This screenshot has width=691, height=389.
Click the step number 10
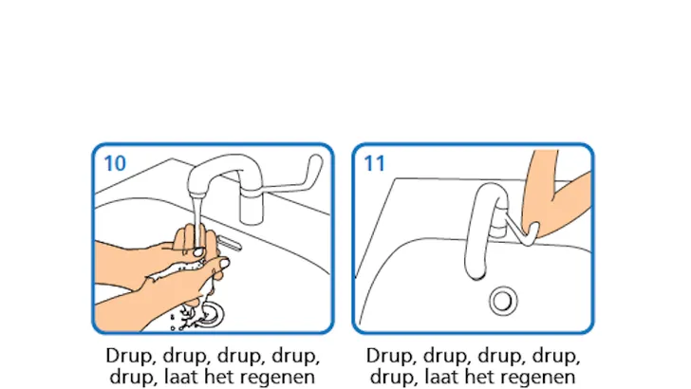(x=114, y=162)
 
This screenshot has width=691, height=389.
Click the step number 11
(x=374, y=162)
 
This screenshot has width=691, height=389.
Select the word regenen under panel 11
(x=541, y=377)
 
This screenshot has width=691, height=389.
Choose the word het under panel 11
(x=486, y=377)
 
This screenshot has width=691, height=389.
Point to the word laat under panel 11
(x=446, y=377)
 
